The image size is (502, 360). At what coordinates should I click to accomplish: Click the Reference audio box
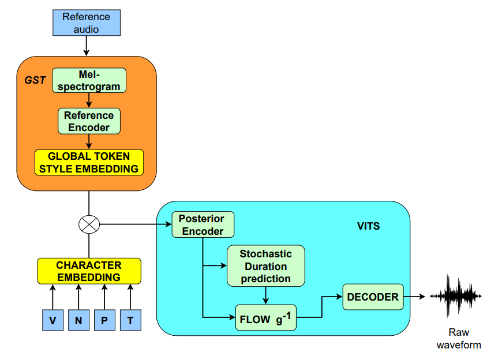[86, 22]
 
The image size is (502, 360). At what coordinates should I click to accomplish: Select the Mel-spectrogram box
[89, 81]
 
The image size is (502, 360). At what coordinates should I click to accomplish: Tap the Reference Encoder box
[89, 121]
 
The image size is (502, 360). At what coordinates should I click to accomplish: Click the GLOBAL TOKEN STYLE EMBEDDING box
[89, 163]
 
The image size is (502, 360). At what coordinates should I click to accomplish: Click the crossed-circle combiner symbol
[89, 224]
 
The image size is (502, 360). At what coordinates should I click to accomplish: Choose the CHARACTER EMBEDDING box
[89, 271]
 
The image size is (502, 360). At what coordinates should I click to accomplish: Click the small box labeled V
[53, 320]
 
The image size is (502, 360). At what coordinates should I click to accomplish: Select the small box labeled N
[78, 320]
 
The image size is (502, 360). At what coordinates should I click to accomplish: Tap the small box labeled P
[104, 320]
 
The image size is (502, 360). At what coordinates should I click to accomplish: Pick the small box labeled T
[130, 320]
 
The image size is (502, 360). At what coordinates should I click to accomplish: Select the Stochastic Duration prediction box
[265, 266]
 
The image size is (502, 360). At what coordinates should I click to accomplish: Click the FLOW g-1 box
[265, 317]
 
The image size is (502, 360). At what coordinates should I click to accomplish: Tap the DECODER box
[373, 297]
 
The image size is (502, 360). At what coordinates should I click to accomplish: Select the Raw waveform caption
[459, 339]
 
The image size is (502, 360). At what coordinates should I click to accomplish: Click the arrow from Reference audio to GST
[86, 46]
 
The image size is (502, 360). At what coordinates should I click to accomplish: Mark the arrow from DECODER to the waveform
[415, 297]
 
